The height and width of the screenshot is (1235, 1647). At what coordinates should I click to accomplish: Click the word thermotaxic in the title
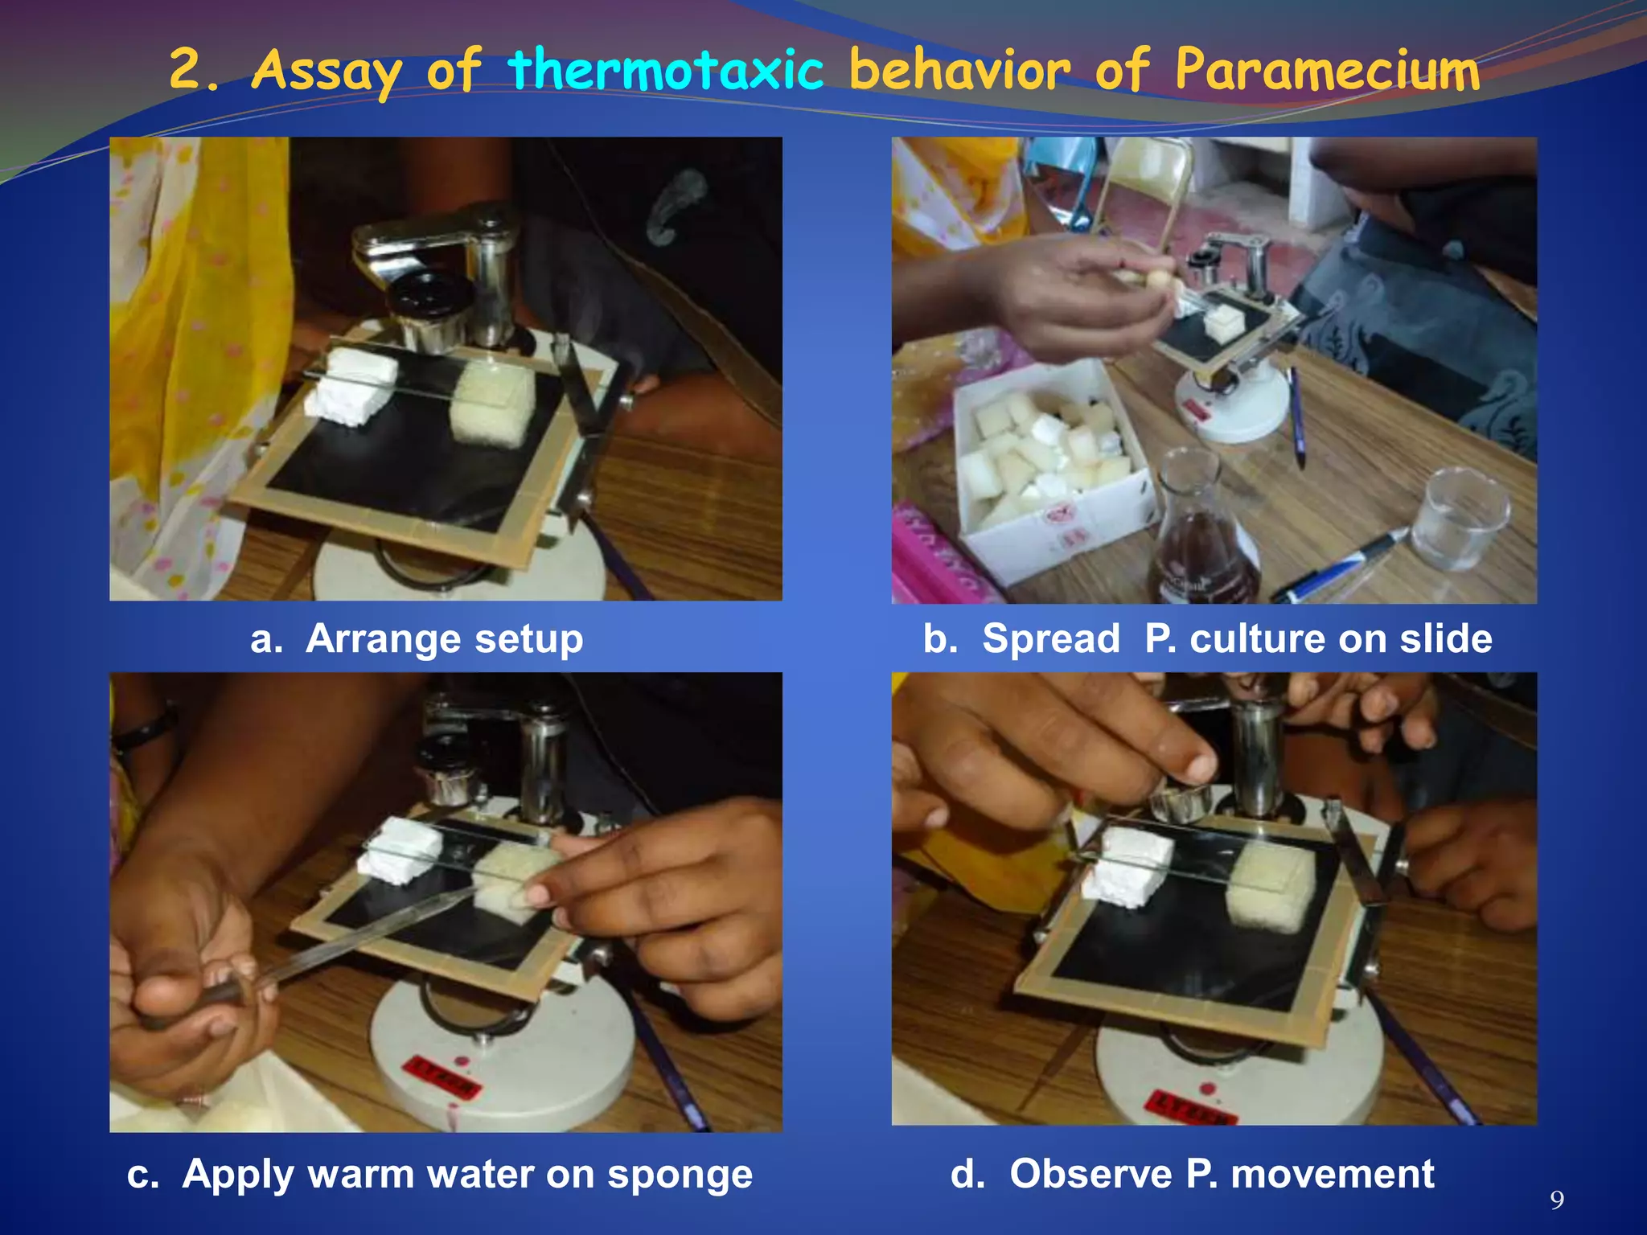pyautogui.click(x=666, y=69)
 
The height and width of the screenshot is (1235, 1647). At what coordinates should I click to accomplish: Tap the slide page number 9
pyautogui.click(x=1557, y=1200)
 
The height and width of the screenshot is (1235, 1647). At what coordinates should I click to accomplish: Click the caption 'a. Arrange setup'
pyautogui.click(x=417, y=639)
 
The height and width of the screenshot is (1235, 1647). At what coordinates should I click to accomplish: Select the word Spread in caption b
pyautogui.click(x=1050, y=639)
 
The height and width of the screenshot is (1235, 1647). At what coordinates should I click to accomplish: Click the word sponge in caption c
pyautogui.click(x=680, y=1175)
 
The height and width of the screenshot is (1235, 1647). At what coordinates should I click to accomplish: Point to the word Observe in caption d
pyautogui.click(x=1090, y=1175)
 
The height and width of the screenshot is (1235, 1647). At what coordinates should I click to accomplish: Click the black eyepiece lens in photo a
pyautogui.click(x=427, y=298)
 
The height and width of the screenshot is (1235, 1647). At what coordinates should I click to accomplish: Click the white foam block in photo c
pyautogui.click(x=400, y=851)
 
